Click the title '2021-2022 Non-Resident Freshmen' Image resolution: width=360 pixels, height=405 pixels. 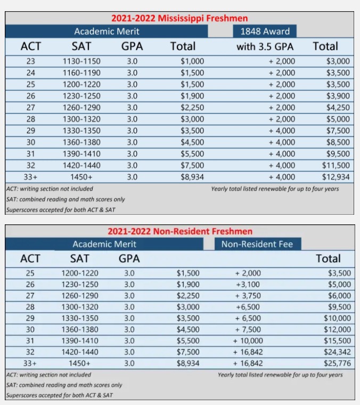point(180,231)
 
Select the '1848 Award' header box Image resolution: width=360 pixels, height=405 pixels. point(265,31)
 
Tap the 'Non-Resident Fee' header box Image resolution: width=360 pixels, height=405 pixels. point(257,244)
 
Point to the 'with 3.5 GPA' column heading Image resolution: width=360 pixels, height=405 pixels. point(265,46)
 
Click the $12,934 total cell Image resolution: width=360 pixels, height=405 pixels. point(336,177)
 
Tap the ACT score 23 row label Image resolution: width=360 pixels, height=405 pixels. point(30,61)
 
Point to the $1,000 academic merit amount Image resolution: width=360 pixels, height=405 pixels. point(192,61)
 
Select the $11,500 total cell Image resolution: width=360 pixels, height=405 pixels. point(336,165)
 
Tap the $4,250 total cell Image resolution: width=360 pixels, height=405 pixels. point(338,108)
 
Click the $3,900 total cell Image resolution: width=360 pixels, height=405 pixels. point(338,96)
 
